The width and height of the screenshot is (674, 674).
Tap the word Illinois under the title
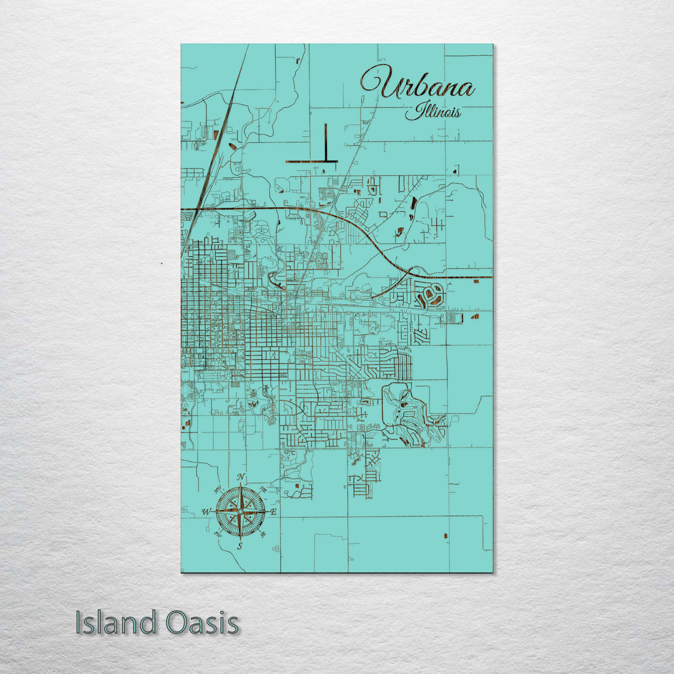pos(432,112)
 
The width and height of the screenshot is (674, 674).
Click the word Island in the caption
pos(115,623)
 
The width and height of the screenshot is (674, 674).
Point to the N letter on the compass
pos(241,478)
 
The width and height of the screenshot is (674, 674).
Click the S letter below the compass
pos(240,546)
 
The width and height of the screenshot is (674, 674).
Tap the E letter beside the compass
pos(274,512)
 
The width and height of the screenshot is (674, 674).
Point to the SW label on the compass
pos(217,534)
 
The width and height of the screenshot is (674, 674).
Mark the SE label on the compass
pos(263,534)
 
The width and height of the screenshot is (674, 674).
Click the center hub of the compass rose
pos(240,512)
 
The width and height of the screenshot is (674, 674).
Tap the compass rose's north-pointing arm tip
pos(240,486)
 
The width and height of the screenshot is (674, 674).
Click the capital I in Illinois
pos(410,112)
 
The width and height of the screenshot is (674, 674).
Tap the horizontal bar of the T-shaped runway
pos(311,162)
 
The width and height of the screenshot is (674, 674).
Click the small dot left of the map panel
pos(162,263)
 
